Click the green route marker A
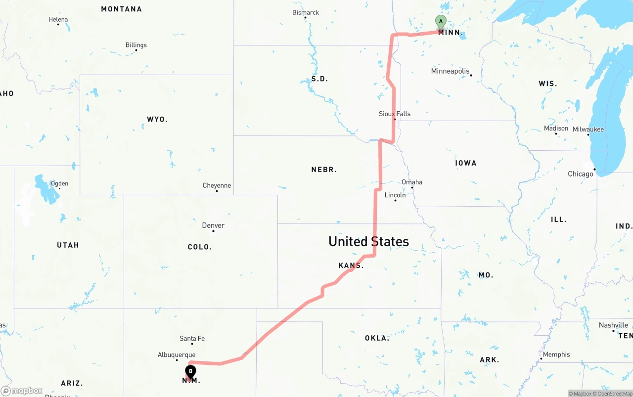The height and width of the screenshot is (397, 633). pos(440,22)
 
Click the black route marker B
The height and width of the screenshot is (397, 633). pos(190,371)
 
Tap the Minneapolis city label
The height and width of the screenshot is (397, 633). pos(450,71)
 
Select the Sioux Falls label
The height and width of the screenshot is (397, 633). pos(395,114)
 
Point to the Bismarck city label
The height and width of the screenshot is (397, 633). pos(306,12)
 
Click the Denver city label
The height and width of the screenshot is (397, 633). pos(213,225)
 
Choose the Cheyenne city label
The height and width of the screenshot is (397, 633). pos(217,185)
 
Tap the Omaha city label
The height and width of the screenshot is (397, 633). pos(412,182)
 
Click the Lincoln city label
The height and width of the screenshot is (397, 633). pos(395,195)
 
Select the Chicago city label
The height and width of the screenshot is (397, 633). pos(581,174)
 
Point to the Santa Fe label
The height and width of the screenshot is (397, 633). pos(192,339)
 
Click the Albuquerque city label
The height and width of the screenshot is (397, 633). pos(177,355)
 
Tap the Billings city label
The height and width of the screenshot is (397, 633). pos(136,45)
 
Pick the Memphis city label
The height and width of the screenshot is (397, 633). pos(556,354)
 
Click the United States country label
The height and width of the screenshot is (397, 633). pos(368,241)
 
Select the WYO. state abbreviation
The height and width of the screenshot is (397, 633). pos(157,119)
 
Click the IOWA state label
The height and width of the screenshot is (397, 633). pos(465,163)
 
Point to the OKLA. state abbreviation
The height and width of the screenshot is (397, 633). pos(377,338)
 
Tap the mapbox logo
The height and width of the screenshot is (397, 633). pos(22,391)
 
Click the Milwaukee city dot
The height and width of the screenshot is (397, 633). pos(588,134)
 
